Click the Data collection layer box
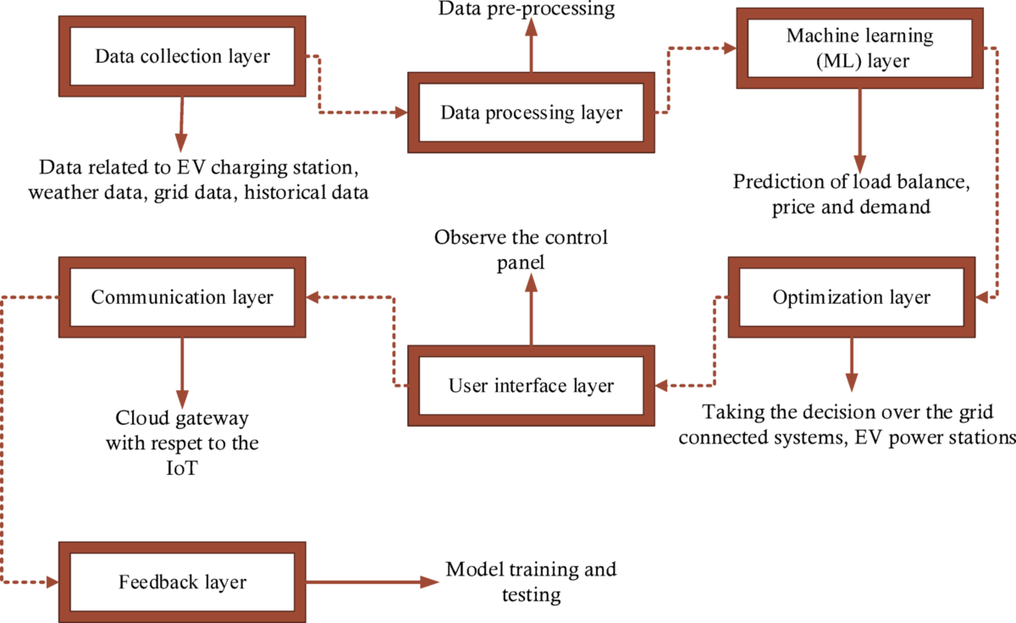(181, 57)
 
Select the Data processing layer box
(531, 113)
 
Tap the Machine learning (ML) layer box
(859, 47)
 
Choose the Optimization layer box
(851, 298)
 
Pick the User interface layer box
(531, 386)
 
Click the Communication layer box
(181, 298)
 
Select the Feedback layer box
(182, 582)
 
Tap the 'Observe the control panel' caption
(521, 249)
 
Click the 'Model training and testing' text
(531, 582)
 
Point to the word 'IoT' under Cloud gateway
(182, 467)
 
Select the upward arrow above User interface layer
(531, 313)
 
